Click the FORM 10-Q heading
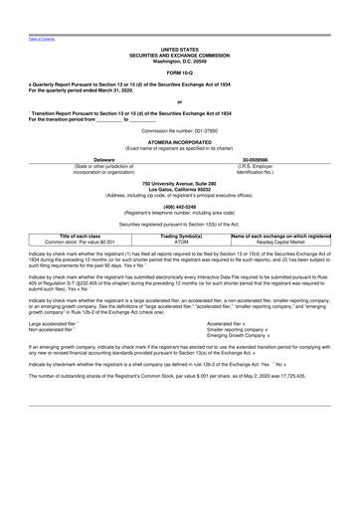[180, 75]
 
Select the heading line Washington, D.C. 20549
[180, 61]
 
